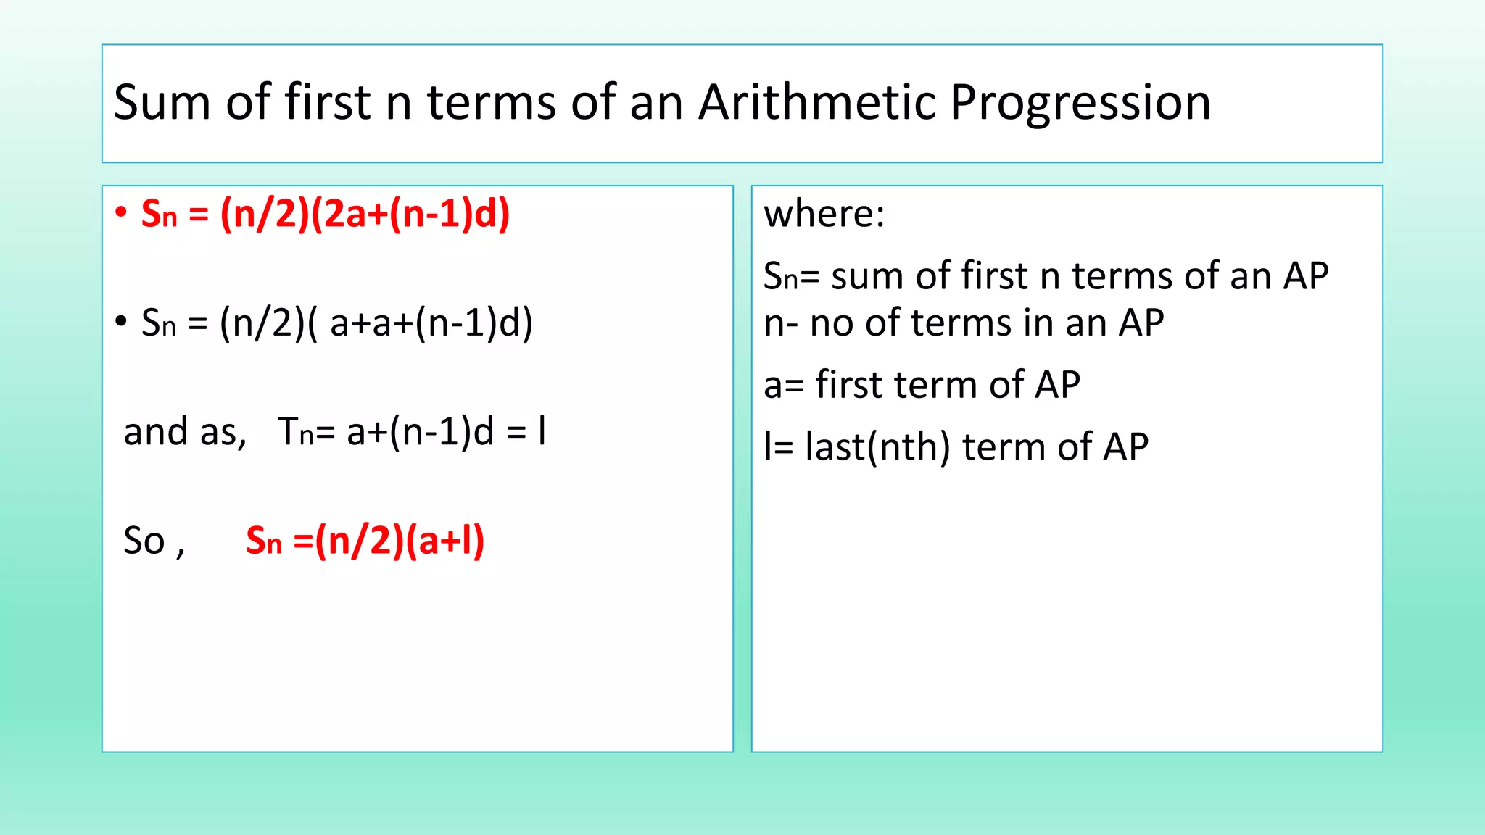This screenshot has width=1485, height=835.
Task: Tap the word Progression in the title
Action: click(x=1080, y=102)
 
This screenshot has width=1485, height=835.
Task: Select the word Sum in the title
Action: click(x=161, y=102)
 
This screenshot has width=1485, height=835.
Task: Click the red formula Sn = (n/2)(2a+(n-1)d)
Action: click(x=325, y=215)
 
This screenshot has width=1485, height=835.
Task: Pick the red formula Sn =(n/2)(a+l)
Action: click(x=365, y=541)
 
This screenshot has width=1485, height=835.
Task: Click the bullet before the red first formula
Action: click(x=121, y=212)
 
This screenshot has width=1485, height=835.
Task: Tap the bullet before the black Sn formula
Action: click(x=121, y=321)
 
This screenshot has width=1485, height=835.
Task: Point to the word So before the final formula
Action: click(x=144, y=541)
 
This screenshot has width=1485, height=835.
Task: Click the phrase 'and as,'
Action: click(x=185, y=432)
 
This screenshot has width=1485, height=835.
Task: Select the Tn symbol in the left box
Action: click(x=295, y=432)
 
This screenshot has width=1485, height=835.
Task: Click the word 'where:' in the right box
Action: click(x=824, y=214)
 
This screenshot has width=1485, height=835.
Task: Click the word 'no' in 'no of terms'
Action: click(x=831, y=323)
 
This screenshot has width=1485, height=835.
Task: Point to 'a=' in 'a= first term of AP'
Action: click(x=782, y=385)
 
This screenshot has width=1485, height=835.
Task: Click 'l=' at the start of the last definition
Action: click(x=777, y=446)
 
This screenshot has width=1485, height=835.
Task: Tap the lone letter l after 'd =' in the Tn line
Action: click(x=542, y=431)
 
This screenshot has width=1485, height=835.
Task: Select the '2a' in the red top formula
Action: click(x=344, y=215)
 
